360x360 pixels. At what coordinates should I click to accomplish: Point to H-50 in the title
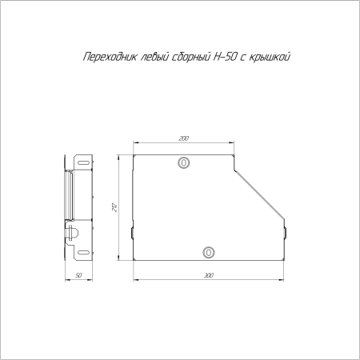(222, 57)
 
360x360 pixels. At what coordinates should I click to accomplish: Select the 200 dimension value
(184, 139)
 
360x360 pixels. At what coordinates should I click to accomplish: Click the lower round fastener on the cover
(209, 251)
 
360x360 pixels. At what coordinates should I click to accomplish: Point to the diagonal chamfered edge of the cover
(260, 192)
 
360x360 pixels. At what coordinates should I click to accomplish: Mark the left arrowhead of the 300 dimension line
(134, 279)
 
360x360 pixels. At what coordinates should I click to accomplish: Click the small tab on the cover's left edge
(131, 233)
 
